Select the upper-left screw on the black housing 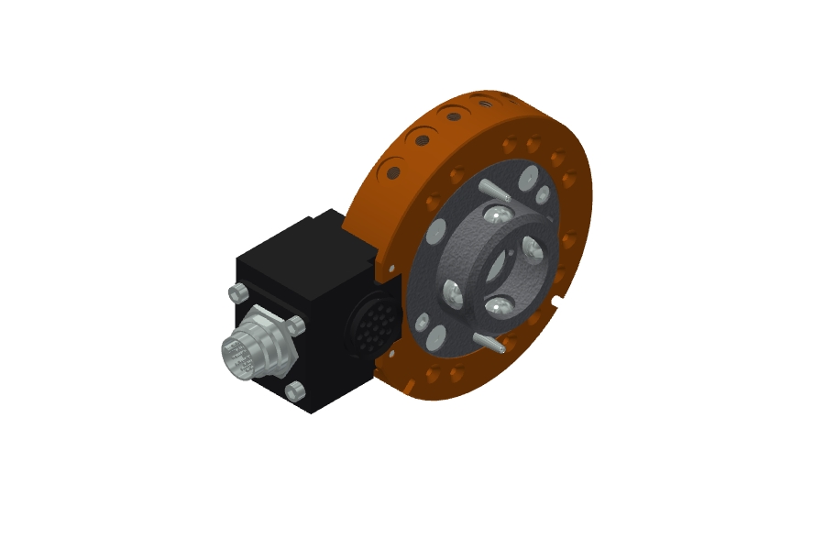pyautogui.click(x=236, y=292)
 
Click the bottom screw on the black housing pyautogui.click(x=295, y=391)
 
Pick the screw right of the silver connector pyautogui.click(x=295, y=324)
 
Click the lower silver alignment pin pyautogui.click(x=492, y=342)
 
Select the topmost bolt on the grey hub pyautogui.click(x=496, y=216)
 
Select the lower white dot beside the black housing pyautogui.click(x=391, y=352)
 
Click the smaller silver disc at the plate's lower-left pyautogui.click(x=422, y=323)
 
